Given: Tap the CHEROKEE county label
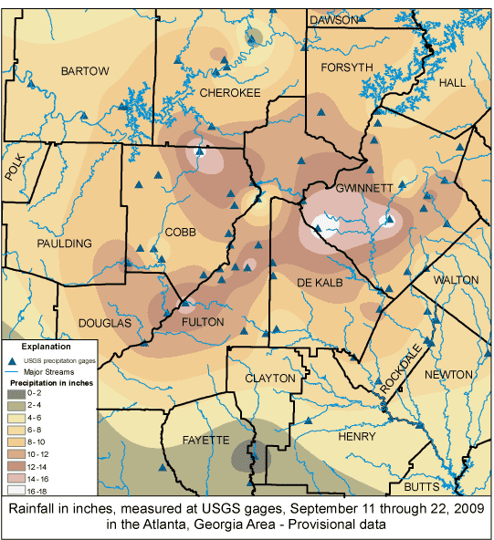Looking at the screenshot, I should pos(229,93).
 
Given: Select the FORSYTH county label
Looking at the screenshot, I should pos(346,67).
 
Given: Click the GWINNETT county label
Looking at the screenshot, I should pos(363,188).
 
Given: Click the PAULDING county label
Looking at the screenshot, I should pos(65,244).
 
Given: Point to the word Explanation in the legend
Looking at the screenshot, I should pos(47,347).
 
